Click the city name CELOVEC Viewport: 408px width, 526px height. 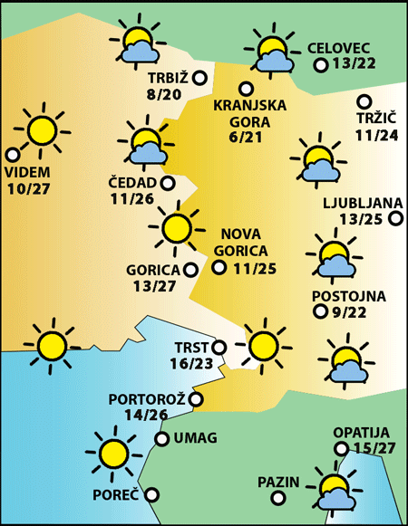tap(339, 47)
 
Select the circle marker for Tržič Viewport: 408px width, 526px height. tap(364, 101)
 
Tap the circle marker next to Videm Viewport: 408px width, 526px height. tap(13, 155)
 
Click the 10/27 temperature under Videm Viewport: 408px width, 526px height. tap(28, 188)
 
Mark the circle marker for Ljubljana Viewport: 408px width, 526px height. tap(395, 217)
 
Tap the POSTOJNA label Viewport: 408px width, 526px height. tap(348, 295)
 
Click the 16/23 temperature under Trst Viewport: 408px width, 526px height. tap(191, 364)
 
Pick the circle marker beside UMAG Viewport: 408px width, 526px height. tap(161, 439)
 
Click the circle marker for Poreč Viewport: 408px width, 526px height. tap(151, 494)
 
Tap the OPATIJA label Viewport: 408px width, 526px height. tap(361, 432)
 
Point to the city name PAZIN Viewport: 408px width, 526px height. tap(277, 481)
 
